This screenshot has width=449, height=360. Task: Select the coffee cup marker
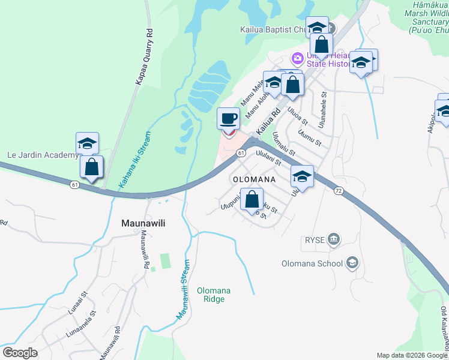tap(228, 119)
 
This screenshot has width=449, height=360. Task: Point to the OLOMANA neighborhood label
tap(253, 179)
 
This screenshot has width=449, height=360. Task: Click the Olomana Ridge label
tap(214, 295)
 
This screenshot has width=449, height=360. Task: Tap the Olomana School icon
tap(352, 263)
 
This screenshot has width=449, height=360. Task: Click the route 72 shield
tap(339, 190)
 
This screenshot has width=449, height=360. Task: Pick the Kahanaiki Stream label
tap(135, 161)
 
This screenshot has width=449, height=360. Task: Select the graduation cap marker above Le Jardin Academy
tap(87, 143)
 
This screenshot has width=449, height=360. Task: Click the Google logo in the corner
tap(19, 352)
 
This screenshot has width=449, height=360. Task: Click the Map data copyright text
tap(412, 355)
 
